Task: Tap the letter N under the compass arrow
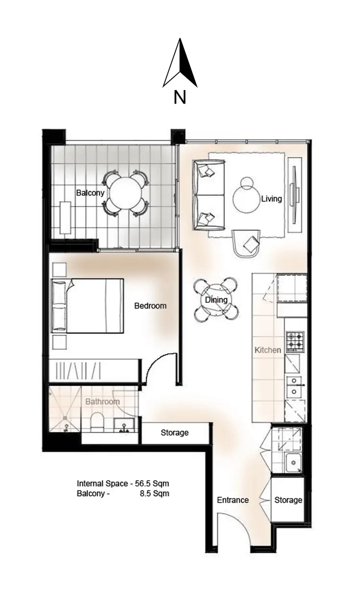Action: click(x=180, y=98)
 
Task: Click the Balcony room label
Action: click(x=90, y=193)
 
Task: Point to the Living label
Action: click(x=271, y=198)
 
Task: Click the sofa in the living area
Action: click(x=208, y=195)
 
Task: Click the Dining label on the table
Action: click(x=216, y=300)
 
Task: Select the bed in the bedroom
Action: click(x=89, y=305)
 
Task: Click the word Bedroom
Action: click(x=150, y=306)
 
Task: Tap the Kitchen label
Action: click(x=268, y=350)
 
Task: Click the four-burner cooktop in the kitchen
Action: click(x=294, y=341)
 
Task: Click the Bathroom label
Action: click(x=102, y=402)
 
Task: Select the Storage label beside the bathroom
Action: click(x=175, y=433)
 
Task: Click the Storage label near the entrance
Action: click(x=288, y=500)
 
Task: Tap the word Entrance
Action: click(x=233, y=500)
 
